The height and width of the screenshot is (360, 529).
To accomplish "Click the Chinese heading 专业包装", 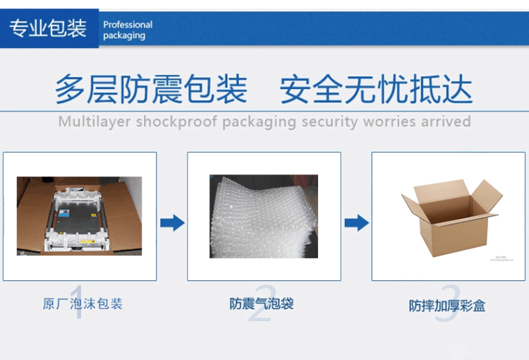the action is pyautogui.click(x=47, y=28).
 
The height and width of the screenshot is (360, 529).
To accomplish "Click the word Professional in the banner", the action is pyautogui.click(x=128, y=25).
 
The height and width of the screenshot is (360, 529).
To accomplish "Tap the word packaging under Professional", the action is pyautogui.click(x=124, y=36).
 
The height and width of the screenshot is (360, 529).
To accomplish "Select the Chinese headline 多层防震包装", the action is pyautogui.click(x=151, y=90).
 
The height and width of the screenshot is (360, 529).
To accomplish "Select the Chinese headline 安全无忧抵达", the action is pyautogui.click(x=375, y=90).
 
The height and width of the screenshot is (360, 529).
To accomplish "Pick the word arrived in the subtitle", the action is pyautogui.click(x=446, y=121).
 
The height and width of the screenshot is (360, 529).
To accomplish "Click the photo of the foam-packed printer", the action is pyautogui.click(x=79, y=215).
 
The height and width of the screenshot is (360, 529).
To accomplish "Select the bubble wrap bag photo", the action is pyautogui.click(x=263, y=216).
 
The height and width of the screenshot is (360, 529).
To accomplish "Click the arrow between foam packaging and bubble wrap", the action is pyautogui.click(x=172, y=223).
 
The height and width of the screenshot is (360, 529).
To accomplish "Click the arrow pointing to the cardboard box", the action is pyautogui.click(x=356, y=223).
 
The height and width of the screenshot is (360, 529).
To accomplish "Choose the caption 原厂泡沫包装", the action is pyautogui.click(x=83, y=304).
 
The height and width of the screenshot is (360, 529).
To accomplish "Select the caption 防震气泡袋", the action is pyautogui.click(x=261, y=304).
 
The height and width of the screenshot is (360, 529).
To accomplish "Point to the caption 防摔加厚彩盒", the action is pyautogui.click(x=447, y=306).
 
